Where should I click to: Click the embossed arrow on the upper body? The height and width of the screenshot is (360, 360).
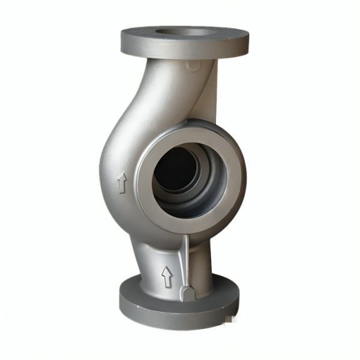tap(122, 183)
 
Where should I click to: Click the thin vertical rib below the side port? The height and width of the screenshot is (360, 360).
tap(187, 258)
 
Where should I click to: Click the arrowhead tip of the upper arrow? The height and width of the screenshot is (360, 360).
tap(122, 175)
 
